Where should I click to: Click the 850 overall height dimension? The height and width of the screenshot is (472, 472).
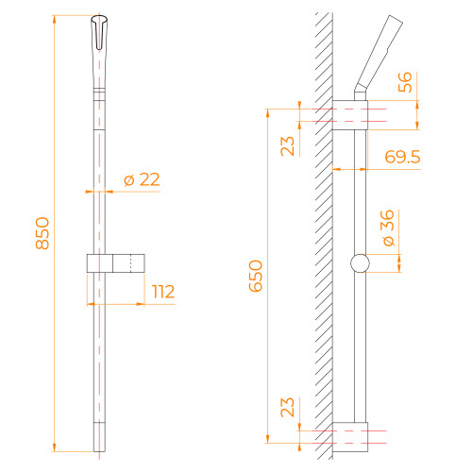click(x=42, y=233)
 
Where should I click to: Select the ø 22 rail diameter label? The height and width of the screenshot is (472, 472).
click(x=142, y=179)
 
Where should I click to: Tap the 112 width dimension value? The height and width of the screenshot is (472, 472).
click(x=163, y=292)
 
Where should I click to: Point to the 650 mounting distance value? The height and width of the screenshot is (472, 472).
click(x=256, y=276)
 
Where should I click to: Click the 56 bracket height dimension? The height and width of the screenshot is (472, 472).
click(x=405, y=82)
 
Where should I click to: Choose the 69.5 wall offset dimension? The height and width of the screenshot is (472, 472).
click(x=403, y=157)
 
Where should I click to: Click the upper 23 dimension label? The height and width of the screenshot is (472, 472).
click(x=287, y=146)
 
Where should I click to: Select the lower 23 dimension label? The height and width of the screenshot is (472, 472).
click(x=287, y=408)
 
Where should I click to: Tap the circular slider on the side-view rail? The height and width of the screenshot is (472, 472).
click(x=360, y=263)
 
